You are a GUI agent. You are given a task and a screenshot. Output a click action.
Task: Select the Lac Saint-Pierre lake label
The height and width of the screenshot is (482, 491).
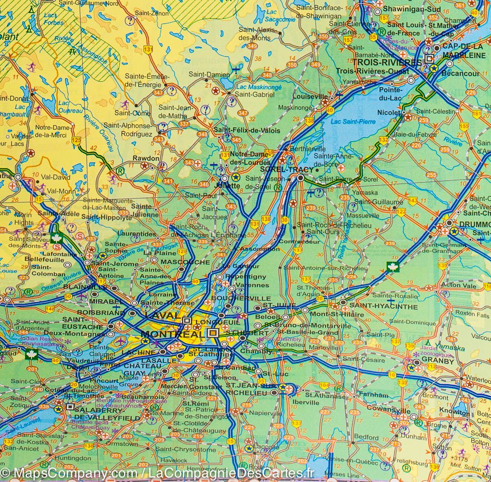click(x=347, y=121)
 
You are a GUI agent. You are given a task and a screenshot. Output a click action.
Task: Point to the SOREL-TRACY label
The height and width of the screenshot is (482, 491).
click(x=286, y=169)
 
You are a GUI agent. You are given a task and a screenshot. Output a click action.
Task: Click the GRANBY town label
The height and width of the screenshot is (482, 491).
click(x=438, y=361)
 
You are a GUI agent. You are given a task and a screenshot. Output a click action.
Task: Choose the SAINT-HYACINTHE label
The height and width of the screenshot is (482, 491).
click(x=383, y=306)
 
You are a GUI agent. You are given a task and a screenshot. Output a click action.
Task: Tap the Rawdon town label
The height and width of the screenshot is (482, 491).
click(x=146, y=158)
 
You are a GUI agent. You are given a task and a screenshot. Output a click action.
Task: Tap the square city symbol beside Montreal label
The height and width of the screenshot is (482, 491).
click(x=212, y=333)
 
